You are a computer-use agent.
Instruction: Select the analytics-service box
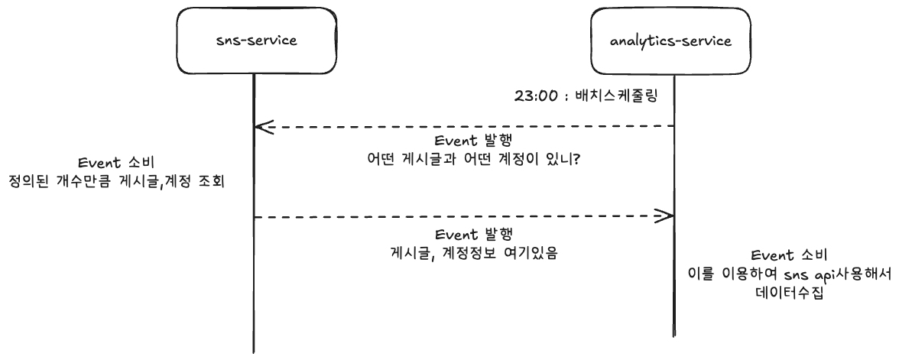672,41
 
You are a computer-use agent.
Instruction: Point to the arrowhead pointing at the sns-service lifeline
261,127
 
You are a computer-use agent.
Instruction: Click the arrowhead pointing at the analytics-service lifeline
665,216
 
